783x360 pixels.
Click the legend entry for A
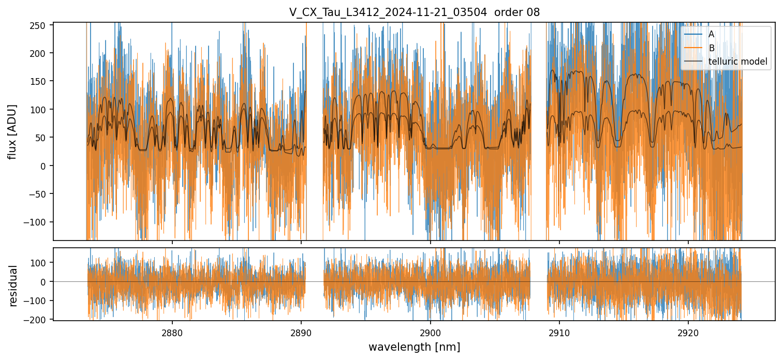point(711,34)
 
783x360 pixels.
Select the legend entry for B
point(711,48)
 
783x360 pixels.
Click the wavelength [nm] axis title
point(414,347)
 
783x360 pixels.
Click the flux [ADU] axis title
point(12,131)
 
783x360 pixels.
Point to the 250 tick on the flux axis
point(41,25)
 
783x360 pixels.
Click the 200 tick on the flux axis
point(41,53)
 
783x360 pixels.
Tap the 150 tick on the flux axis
point(41,81)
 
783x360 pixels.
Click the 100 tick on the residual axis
point(41,263)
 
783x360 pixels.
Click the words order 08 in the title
point(517,12)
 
